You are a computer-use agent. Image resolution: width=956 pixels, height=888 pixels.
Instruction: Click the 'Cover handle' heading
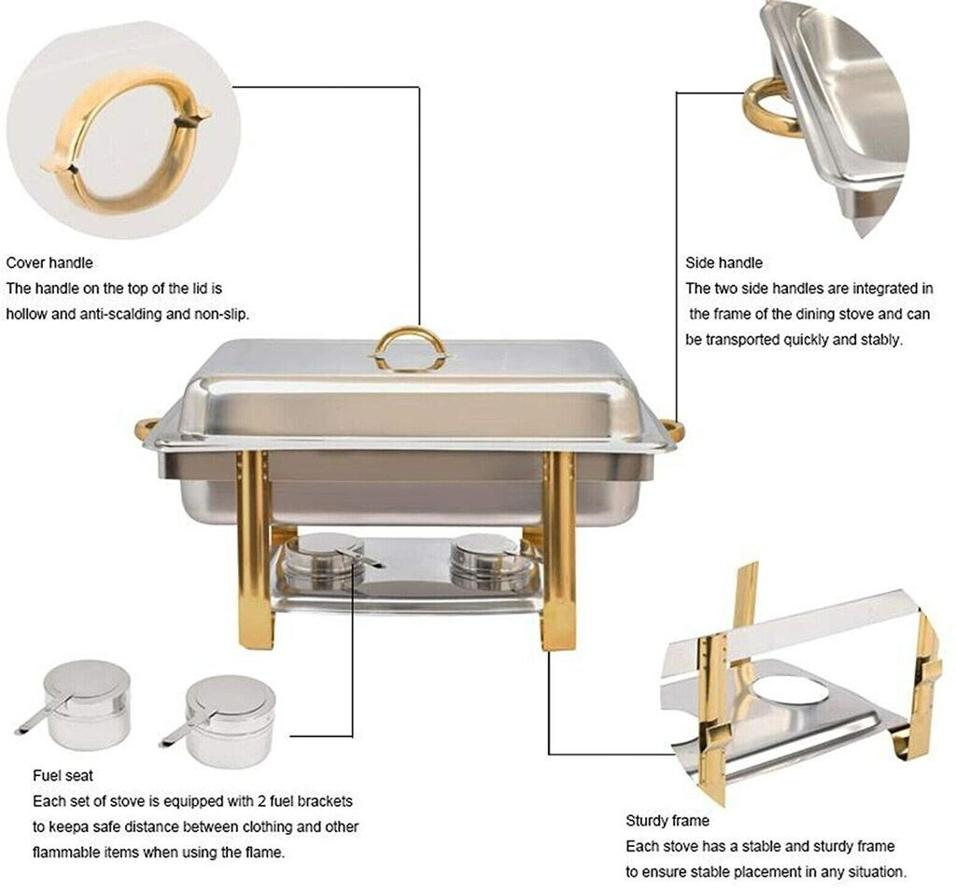[49, 263]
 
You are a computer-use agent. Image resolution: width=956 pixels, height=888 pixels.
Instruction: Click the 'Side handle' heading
[724, 263]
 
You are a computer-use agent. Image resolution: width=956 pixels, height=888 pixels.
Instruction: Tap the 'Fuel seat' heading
[63, 776]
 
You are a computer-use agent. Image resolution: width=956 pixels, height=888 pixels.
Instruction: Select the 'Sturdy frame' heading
[667, 821]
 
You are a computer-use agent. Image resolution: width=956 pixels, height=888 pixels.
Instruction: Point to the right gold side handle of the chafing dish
[676, 427]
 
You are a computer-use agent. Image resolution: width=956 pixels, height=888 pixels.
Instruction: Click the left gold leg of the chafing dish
[255, 549]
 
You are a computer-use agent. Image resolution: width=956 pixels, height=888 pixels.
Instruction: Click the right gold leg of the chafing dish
[559, 549]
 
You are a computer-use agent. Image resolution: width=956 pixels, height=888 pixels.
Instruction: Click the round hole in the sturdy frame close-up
[790, 690]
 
